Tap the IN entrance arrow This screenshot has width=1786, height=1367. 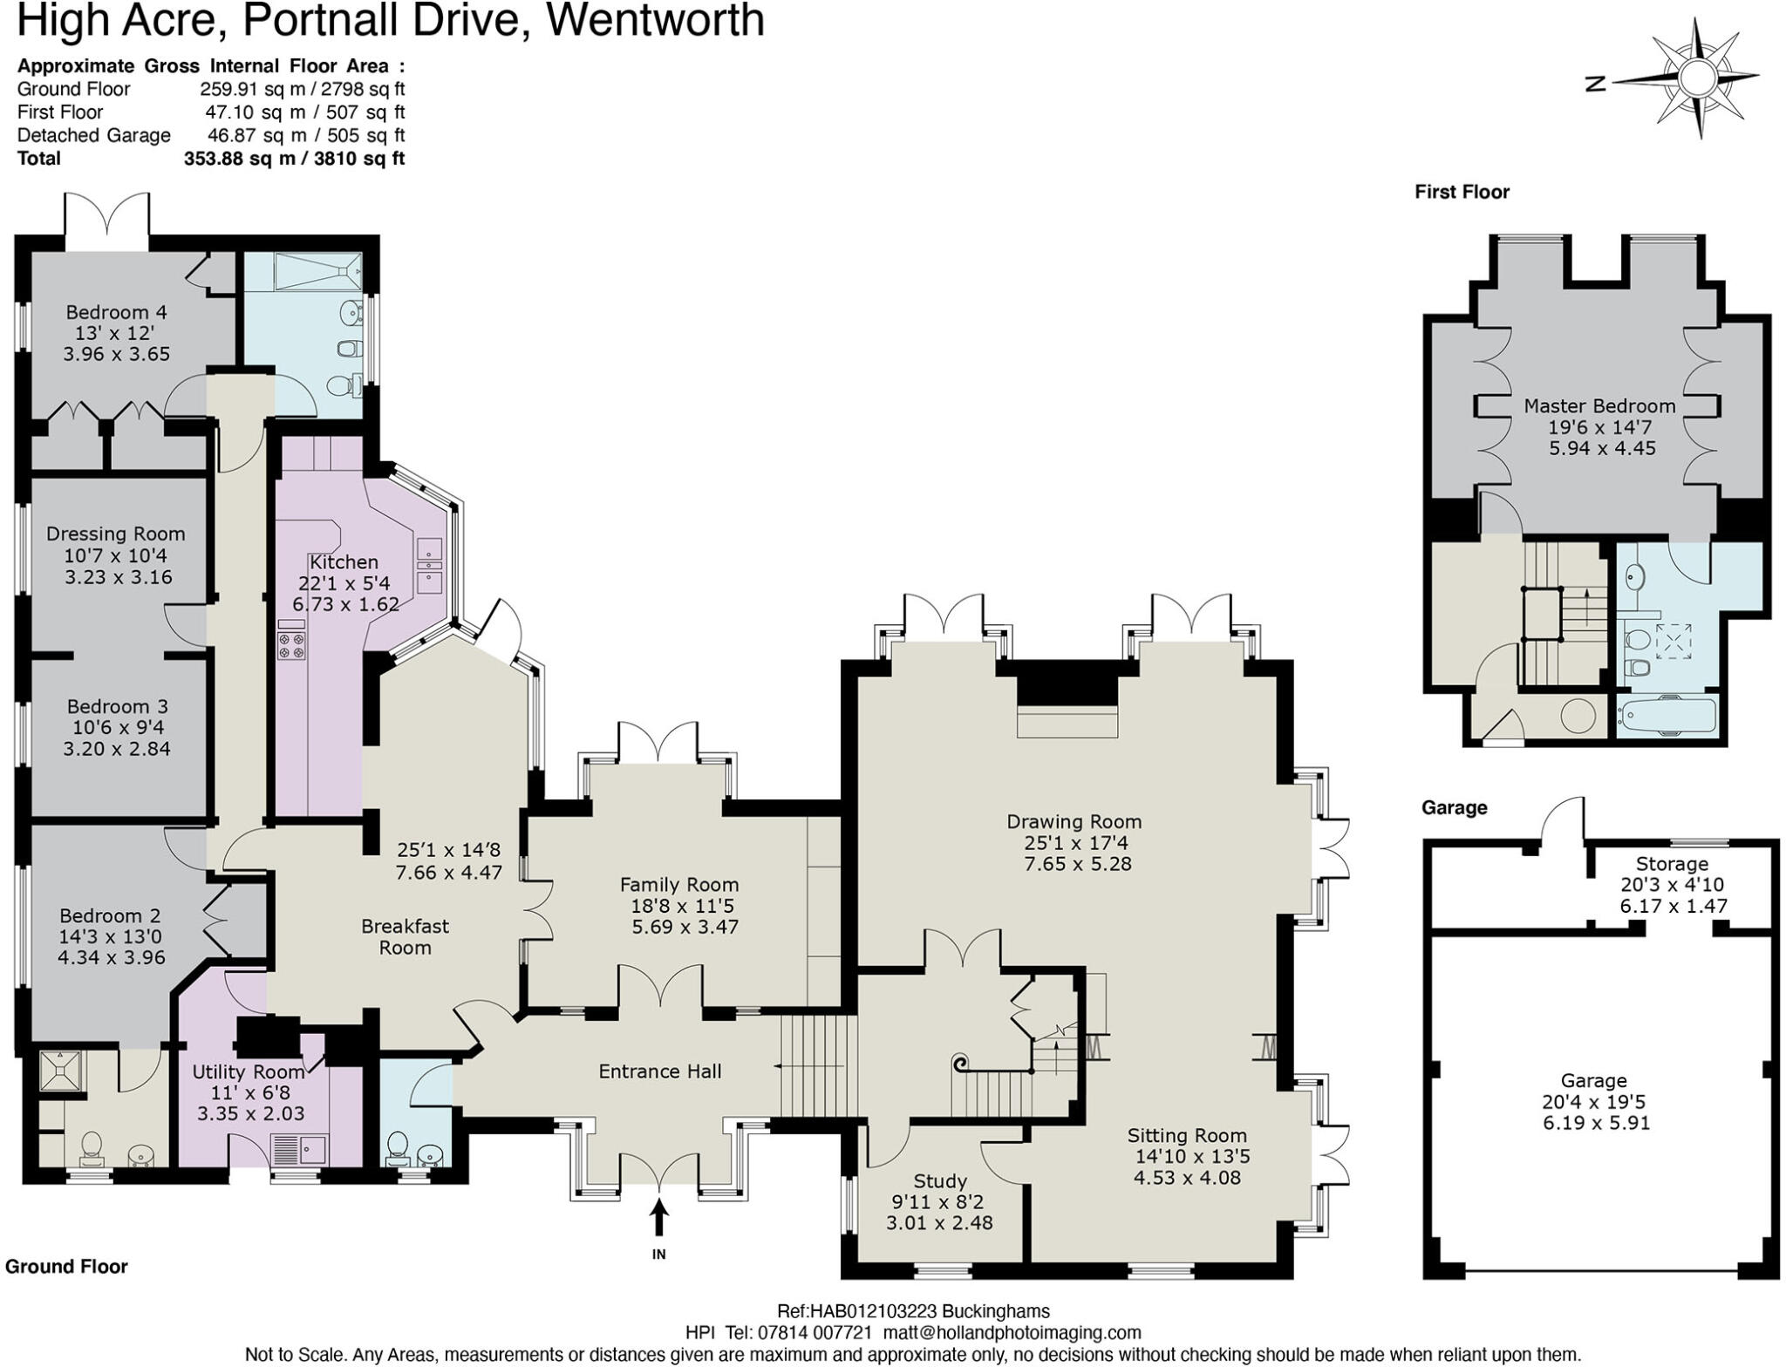pyautogui.click(x=658, y=1218)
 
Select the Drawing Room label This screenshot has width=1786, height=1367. pyautogui.click(x=1074, y=821)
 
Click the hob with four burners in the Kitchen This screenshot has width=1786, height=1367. pyautogui.click(x=291, y=645)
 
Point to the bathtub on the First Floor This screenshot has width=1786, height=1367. pyautogui.click(x=1667, y=717)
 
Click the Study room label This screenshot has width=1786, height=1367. pyautogui.click(x=939, y=1181)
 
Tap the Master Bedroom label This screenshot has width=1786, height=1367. pyautogui.click(x=1599, y=406)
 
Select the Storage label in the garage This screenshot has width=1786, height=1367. pyautogui.click(x=1671, y=864)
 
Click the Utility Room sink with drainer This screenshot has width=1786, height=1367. pyautogui.click(x=299, y=1151)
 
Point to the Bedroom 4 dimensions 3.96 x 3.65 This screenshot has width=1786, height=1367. pyautogui.click(x=116, y=354)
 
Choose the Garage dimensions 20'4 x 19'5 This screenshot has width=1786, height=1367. pyautogui.click(x=1593, y=1102)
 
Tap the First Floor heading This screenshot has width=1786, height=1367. pyautogui.click(x=1462, y=192)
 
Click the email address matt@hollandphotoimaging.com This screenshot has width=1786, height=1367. pyautogui.click(x=1012, y=1333)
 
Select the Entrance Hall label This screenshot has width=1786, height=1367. pyautogui.click(x=659, y=1071)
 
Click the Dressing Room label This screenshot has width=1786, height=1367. pyautogui.click(x=115, y=534)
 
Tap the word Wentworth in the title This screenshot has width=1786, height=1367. pyautogui.click(x=655, y=21)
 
